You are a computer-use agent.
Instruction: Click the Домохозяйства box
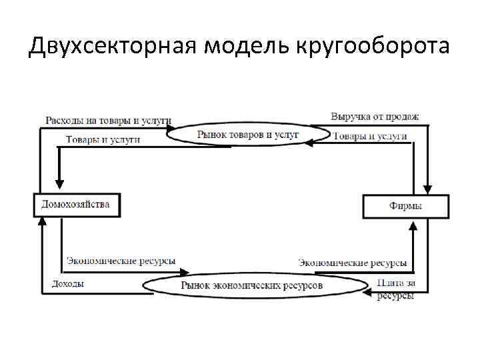pos(75,205)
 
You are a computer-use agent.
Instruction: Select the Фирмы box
pos(405,206)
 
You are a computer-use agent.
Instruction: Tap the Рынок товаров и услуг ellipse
pos(247,135)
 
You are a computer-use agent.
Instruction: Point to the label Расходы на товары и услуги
pos(108,121)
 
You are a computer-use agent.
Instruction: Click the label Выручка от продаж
pos(375,117)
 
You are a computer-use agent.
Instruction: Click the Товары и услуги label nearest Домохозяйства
pos(103,139)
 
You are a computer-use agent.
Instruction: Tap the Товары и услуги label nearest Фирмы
pos(370,136)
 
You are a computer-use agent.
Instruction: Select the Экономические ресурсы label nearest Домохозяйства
pos(121,261)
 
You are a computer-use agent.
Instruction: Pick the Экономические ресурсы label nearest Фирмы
pos(352,263)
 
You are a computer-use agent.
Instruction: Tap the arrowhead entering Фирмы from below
pos(414,225)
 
